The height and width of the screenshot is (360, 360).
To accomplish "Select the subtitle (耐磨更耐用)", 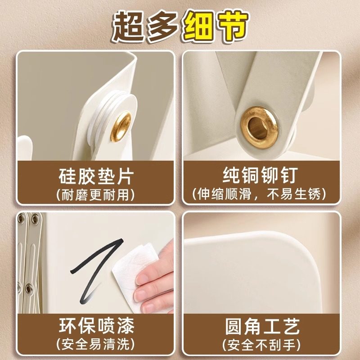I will click(x=96, y=194).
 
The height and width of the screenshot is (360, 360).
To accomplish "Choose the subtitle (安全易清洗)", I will click(x=96, y=345).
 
